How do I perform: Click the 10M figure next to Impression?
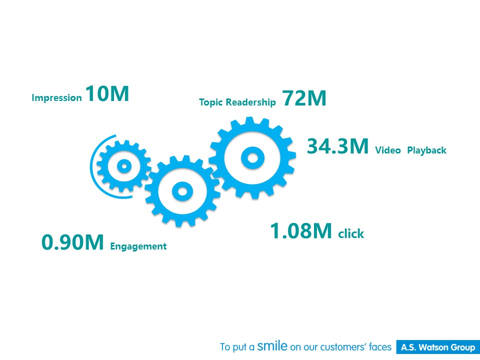coord(107,93)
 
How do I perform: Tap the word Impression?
coord(56,98)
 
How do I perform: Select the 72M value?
coord(304,98)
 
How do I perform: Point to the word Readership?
coord(250,102)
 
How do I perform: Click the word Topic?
coord(211,102)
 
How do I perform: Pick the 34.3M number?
coord(337,146)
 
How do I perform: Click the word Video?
coord(388,150)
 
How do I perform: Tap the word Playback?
coord(426,150)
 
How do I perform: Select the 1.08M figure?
coord(301,230)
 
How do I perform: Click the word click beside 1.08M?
coord(351,233)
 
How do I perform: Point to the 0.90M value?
coord(72,242)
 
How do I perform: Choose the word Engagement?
coord(138,246)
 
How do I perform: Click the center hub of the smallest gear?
coord(124,166)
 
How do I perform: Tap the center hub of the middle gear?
coord(182,191)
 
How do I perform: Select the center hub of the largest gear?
coord(252,158)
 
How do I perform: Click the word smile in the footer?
coord(272,345)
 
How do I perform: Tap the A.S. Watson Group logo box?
coord(438,347)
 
